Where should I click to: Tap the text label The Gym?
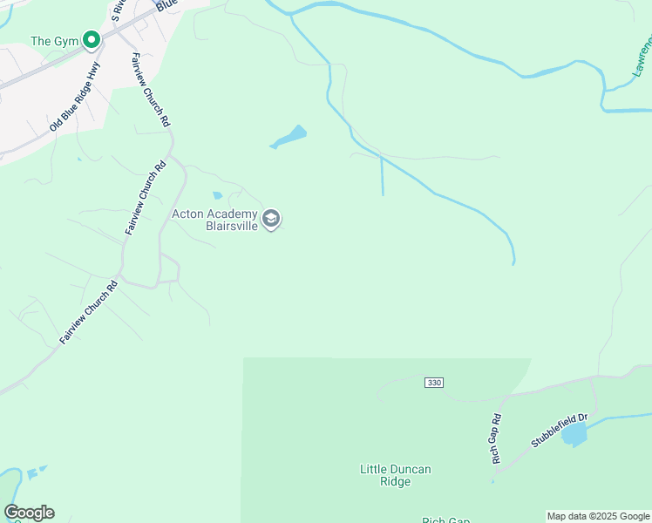55,41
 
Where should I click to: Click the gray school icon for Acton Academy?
271,219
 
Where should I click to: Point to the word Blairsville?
231,225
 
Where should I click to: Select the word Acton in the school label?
188,214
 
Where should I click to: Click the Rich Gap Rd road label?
496,438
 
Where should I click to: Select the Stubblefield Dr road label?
560,431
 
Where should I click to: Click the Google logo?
30,513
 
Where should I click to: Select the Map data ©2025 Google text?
598,516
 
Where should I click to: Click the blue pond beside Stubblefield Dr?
574,434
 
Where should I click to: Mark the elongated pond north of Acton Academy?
289,138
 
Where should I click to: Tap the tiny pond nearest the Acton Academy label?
217,195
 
